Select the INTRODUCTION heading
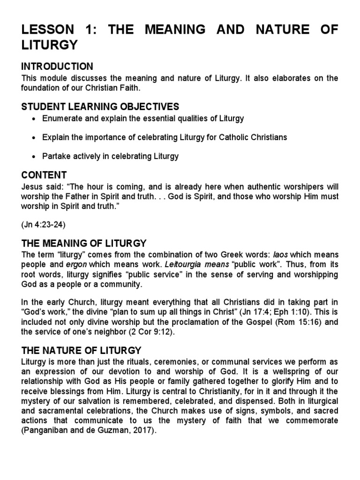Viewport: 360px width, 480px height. [x=58, y=67]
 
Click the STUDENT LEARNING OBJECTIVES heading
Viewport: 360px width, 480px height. [x=100, y=107]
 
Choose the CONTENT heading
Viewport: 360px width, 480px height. [x=44, y=175]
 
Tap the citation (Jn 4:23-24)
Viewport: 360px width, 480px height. [x=44, y=225]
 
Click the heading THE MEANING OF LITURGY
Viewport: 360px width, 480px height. [x=84, y=243]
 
